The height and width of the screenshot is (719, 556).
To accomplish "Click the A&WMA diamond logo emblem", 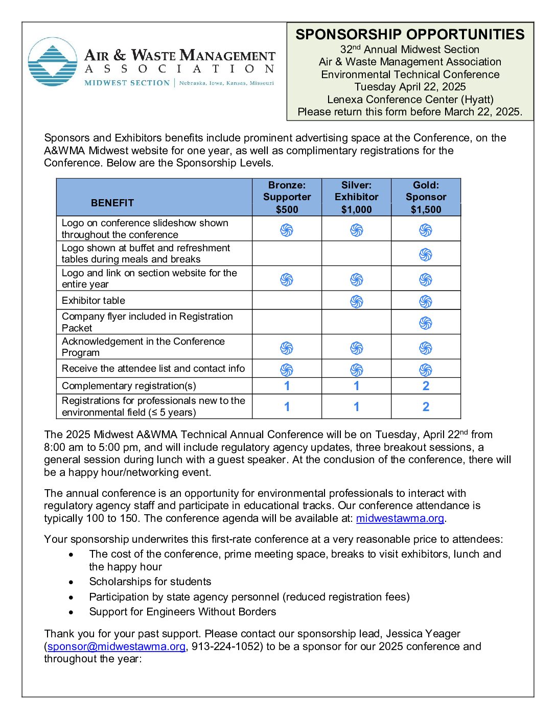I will coord(53,62).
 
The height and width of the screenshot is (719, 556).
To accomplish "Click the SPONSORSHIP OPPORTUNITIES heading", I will coord(410,35).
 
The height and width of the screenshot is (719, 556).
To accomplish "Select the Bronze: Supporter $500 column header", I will coord(287,197).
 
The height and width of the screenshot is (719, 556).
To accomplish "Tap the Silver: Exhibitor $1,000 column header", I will coord(356,197).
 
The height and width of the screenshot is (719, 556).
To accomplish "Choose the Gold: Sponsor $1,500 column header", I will coord(426,197).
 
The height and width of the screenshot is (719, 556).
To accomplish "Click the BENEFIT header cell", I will coord(112,203).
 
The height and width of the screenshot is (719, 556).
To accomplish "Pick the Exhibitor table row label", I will coord(94,300).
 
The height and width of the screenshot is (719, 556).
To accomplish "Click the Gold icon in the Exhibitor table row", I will coord(426,301).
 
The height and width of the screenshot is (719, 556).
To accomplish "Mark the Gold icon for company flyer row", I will coord(426,323).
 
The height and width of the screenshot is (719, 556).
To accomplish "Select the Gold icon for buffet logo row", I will coord(426,254).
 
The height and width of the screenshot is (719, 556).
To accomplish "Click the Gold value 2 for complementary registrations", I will coord(426,386).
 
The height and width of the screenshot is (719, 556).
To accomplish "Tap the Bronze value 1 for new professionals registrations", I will coord(287,407).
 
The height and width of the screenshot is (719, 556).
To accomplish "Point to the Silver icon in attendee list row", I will coord(356,369).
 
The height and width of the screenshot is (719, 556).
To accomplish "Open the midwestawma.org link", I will coord(400,518).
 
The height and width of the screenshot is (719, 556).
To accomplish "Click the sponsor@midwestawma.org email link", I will coord(117,646).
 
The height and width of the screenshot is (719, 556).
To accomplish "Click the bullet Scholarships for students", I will coord(150,582).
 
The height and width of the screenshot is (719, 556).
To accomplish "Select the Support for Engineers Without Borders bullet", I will coord(182,612).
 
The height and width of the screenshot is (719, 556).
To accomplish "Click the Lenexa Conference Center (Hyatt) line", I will coord(410,100).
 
